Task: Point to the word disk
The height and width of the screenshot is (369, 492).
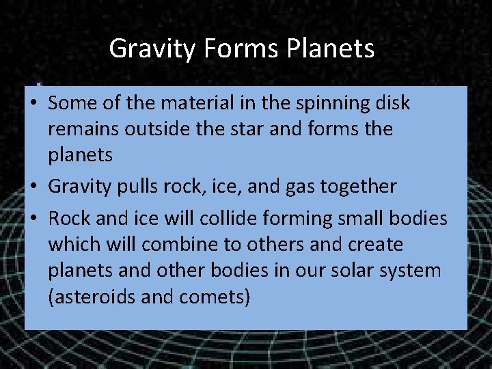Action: coord(392,103)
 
